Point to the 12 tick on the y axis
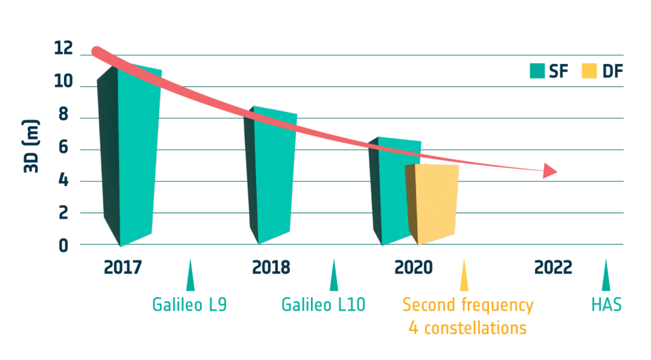63,48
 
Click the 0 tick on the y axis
63,246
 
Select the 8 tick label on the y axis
63,114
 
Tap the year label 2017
123,267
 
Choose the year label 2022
553,267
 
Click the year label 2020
413,267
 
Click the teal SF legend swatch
537,71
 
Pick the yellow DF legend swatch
589,71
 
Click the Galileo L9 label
189,305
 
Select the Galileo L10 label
323,305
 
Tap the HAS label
606,305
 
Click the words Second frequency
468,305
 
